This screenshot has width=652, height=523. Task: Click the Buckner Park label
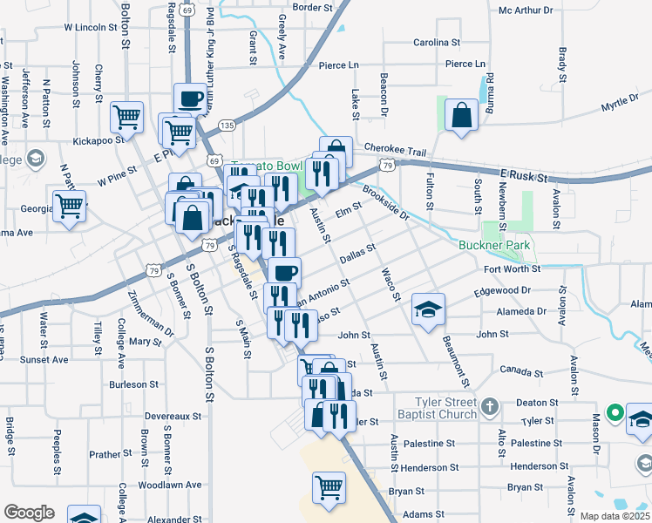pos(494,245)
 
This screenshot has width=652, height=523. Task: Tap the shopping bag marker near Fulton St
pos(461,115)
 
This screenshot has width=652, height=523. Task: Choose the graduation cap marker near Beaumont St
pos(428,309)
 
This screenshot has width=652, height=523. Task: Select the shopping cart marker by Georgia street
pos(69,207)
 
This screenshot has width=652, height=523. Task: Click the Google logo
pos(29,513)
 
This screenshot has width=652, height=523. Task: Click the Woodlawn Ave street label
pos(169,485)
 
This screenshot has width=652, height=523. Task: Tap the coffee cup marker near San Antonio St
pos(284,272)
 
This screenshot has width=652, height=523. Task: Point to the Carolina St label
pos(437,42)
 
